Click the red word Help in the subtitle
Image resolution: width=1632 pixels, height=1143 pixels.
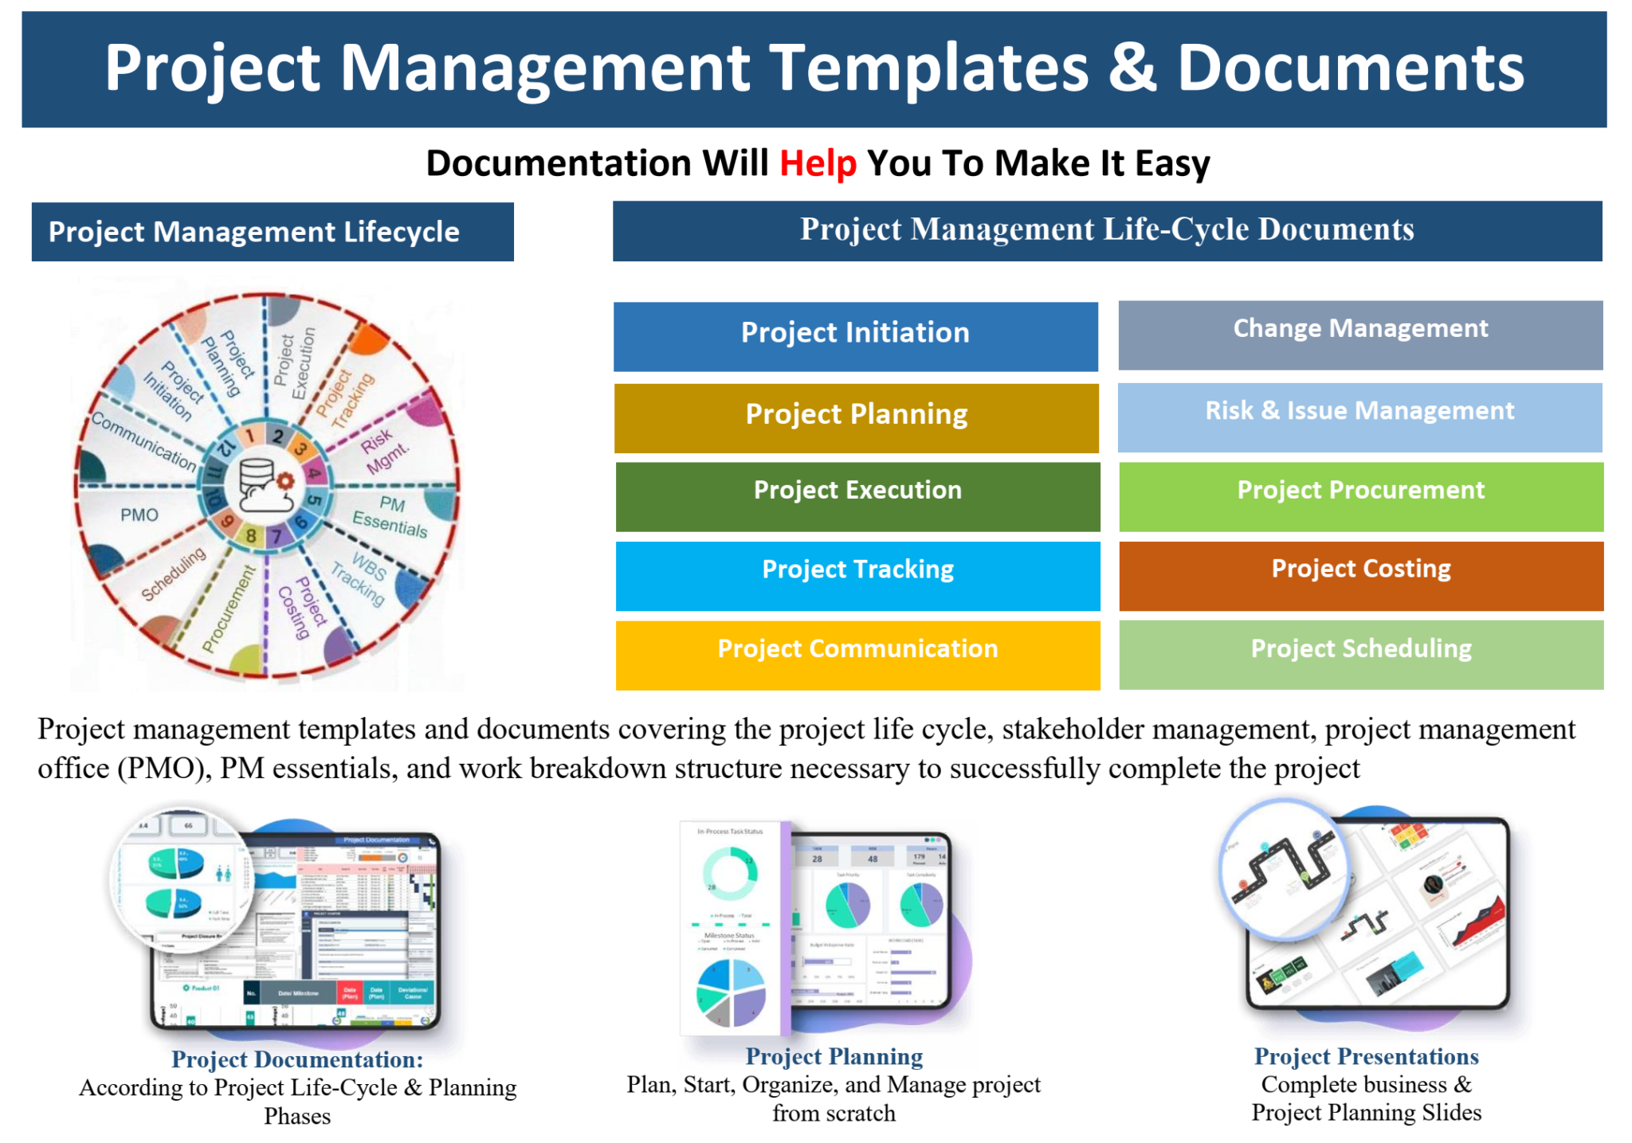click(x=818, y=163)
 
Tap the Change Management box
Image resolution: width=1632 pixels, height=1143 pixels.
click(x=1359, y=335)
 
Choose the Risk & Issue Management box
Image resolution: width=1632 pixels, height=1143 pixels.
click(x=1359, y=417)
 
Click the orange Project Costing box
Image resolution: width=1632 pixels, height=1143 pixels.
click(x=1361, y=575)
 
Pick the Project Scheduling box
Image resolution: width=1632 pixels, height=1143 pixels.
click(x=1361, y=654)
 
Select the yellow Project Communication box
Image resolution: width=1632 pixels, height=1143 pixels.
click(x=857, y=654)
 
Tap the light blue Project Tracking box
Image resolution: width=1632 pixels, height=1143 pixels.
click(x=857, y=575)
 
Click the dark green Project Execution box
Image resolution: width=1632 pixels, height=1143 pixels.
click(x=857, y=495)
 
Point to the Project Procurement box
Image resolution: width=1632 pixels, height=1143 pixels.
click(x=1361, y=495)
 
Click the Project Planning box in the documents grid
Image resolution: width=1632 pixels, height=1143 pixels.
click(x=856, y=417)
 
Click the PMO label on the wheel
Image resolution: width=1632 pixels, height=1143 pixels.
click(x=139, y=515)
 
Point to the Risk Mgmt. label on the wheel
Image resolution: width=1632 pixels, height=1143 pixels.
click(x=385, y=451)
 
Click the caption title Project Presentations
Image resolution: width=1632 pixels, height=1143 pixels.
click(x=1366, y=1056)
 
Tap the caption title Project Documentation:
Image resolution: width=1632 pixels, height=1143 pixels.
click(x=297, y=1059)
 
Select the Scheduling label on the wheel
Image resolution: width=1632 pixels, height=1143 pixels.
click(x=174, y=573)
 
